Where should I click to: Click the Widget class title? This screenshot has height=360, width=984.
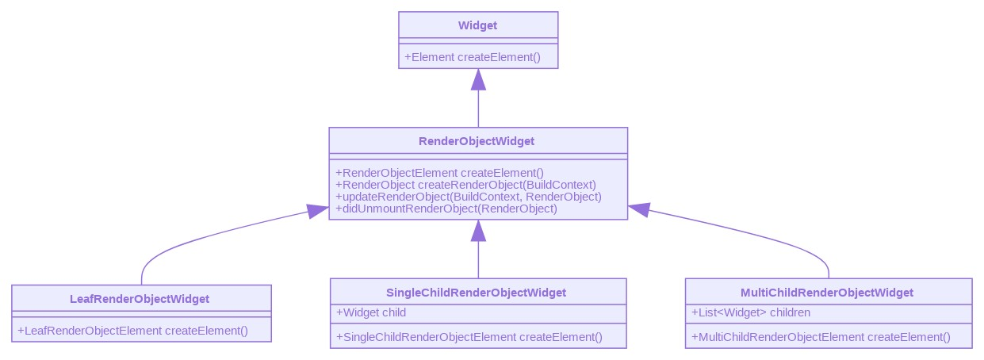[x=477, y=25]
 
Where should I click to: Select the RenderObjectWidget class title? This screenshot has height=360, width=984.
[x=477, y=141]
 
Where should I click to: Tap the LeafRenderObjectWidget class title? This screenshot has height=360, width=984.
[x=140, y=299]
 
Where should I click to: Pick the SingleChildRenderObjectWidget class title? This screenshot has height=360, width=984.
[x=477, y=293]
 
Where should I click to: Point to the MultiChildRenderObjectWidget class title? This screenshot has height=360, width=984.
[x=827, y=293]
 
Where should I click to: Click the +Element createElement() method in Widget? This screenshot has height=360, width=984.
[x=472, y=57]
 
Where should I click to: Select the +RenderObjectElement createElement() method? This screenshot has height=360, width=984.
[x=440, y=173]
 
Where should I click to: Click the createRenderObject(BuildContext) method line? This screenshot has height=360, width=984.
[x=465, y=185]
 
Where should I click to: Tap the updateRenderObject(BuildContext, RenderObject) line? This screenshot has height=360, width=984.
[x=469, y=197]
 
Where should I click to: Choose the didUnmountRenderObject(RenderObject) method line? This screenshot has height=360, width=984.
[x=446, y=209]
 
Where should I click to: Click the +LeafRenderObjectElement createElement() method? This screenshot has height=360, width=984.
[x=132, y=331]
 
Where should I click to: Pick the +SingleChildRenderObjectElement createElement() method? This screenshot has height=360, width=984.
[x=469, y=337]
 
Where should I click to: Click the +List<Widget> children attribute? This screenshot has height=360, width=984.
[x=751, y=312]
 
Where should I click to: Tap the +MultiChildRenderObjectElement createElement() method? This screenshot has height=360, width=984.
[x=821, y=337]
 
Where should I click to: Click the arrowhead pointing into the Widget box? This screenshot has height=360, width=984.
[x=478, y=79]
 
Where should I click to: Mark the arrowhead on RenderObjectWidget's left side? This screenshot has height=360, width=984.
[x=319, y=211]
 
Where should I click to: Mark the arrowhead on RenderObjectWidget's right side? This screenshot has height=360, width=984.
[x=638, y=210]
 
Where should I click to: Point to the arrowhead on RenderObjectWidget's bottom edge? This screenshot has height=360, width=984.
[x=478, y=231]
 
